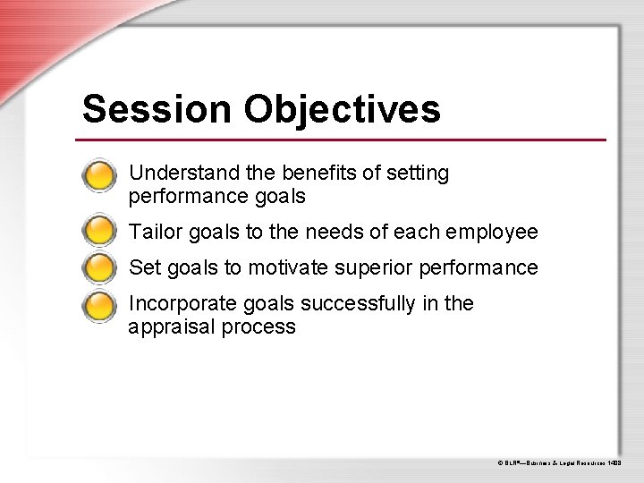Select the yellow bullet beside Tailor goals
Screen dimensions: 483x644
[98, 233]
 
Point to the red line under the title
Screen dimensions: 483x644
[341, 140]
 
